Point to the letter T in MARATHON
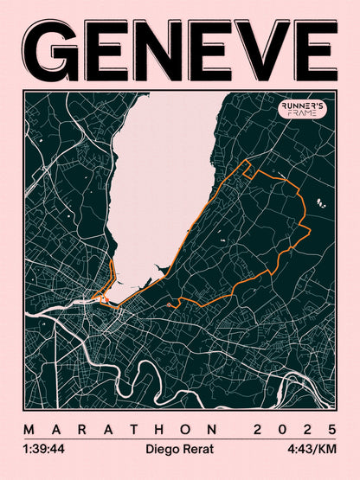click(131, 430)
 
